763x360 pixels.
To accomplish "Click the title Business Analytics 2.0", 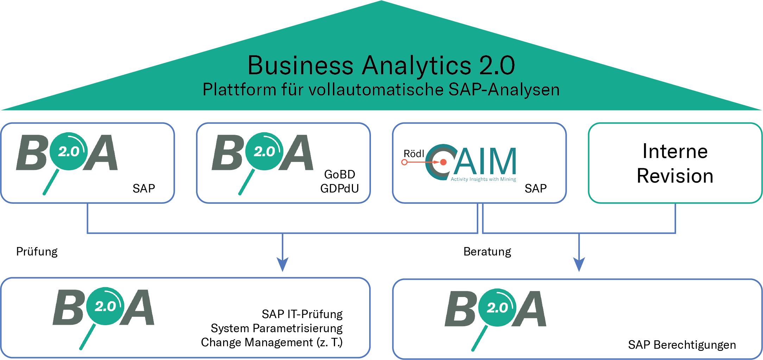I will click(381, 65).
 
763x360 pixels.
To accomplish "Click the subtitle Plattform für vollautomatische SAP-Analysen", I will click(381, 90).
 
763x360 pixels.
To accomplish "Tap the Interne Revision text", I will click(675, 163).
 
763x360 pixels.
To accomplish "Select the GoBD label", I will click(340, 175).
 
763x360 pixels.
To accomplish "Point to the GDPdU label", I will click(339, 189).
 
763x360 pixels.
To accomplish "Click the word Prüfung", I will click(37, 252).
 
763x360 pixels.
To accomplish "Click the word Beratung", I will click(487, 252).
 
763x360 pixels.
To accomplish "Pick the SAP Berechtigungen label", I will click(682, 345).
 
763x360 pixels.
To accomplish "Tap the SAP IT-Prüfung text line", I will click(302, 314).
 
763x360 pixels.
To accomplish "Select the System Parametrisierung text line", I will click(277, 328).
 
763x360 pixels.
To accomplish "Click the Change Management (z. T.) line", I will click(272, 342).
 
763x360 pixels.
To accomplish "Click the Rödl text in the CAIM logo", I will click(414, 154).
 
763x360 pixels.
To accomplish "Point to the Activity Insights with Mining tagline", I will click(483, 179).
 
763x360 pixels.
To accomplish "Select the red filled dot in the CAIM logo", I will click(443, 162).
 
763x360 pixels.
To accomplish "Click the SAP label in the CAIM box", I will click(536, 189).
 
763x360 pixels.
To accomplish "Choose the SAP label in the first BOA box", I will click(144, 189).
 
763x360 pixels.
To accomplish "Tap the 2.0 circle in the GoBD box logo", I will click(264, 151).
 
